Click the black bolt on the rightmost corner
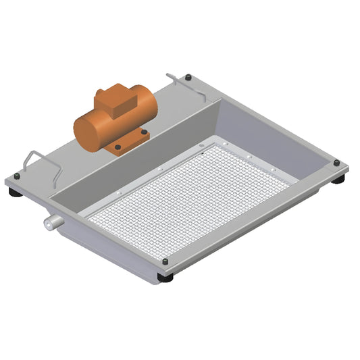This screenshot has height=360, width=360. pyautogui.click(x=336, y=163)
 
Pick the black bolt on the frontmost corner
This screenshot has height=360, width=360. pyautogui.click(x=165, y=261)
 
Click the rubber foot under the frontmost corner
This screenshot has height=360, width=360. pyautogui.click(x=165, y=277)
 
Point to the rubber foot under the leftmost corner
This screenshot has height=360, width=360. pyautogui.click(x=14, y=192)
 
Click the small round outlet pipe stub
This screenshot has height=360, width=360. pyautogui.click(x=51, y=222)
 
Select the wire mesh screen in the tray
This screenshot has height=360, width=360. pyautogui.click(x=189, y=196)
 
